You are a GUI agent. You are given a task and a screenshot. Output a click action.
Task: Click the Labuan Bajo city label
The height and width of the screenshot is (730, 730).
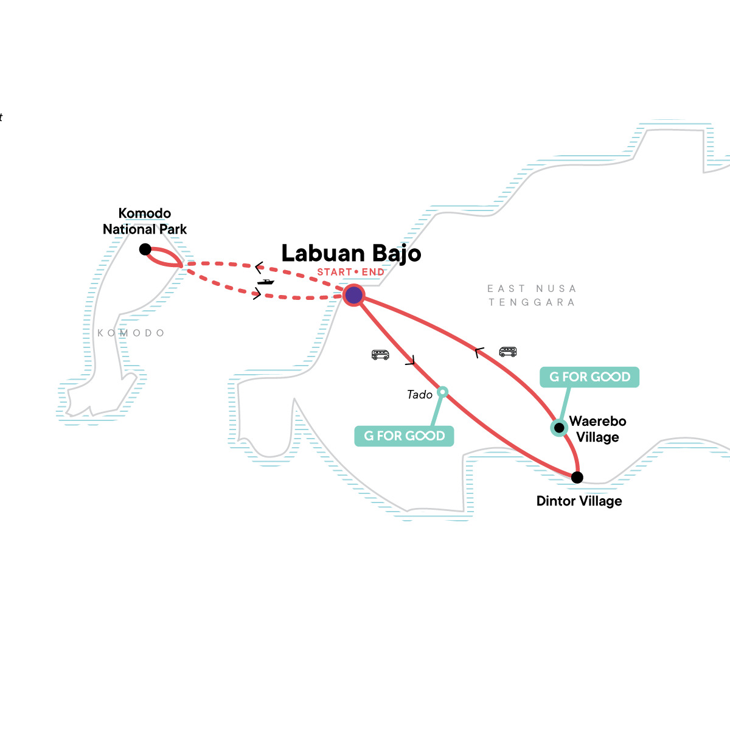coord(351,253)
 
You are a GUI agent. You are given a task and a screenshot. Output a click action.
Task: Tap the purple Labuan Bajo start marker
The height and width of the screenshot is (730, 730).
coord(353,296)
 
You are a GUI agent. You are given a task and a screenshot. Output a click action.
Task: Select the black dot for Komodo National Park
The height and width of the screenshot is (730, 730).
coord(145,249)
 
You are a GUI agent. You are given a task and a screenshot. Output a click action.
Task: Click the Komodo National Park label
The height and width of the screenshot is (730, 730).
coord(145,221)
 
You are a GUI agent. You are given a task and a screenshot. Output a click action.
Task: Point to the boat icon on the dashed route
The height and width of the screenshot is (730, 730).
coord(265,282)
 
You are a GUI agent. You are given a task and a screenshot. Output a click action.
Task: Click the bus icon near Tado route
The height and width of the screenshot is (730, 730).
coord(380,355)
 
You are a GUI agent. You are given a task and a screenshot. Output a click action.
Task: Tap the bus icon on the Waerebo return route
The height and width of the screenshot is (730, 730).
coord(507,352)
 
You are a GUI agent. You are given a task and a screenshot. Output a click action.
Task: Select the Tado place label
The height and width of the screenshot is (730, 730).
coord(420,395)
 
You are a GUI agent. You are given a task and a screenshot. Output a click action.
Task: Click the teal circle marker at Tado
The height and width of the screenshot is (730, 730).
coord(443,392)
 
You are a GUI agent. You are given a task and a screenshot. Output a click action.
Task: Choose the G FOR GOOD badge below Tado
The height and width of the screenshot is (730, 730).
coord(404,436)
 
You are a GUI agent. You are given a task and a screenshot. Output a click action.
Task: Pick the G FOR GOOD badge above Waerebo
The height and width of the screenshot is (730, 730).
coord(589,377)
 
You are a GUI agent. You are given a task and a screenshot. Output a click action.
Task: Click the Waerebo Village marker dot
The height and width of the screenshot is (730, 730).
coord(558,428)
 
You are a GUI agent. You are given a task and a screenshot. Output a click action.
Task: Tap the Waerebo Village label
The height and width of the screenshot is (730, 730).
coord(597,429)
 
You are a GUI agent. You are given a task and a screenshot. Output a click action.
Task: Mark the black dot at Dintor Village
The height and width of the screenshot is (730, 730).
coord(577,477)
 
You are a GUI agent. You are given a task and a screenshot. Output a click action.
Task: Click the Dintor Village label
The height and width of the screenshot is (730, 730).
coord(579,501)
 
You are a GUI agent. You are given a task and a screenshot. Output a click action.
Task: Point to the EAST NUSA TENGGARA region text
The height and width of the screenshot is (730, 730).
coord(532,295)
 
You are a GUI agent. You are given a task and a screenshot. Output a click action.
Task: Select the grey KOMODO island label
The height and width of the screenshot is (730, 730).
coord(131,333)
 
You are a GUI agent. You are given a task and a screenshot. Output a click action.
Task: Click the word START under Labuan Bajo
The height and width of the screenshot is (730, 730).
coord(334,272)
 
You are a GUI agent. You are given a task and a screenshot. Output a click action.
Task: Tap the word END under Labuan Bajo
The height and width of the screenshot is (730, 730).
coord(373,272)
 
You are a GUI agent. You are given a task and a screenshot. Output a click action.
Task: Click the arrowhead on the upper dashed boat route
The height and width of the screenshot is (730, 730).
coord(259,266)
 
